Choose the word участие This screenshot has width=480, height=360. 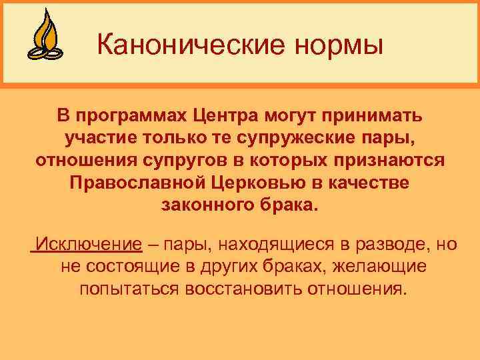[x=101, y=139]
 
